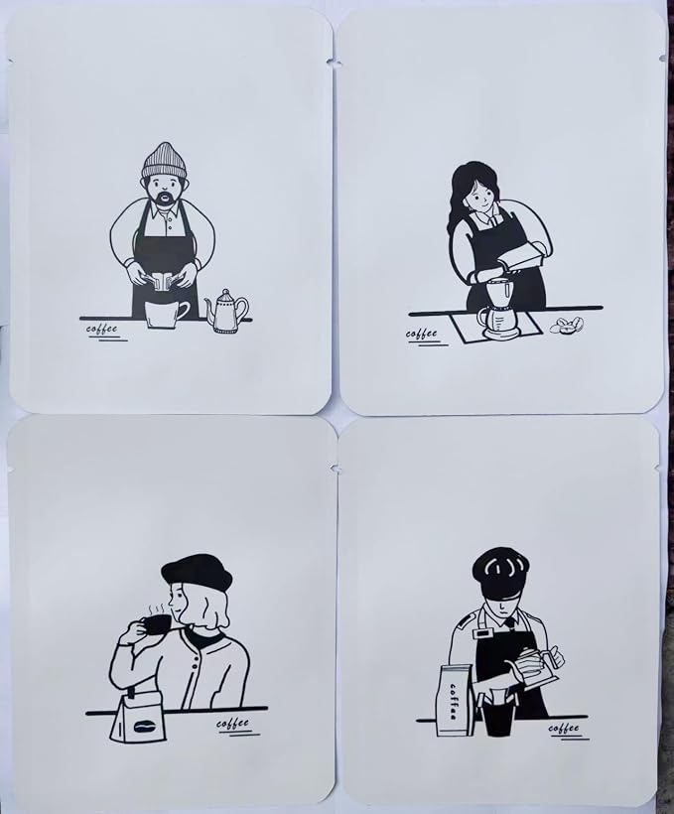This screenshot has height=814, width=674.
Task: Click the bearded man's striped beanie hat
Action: pyautogui.click(x=164, y=161)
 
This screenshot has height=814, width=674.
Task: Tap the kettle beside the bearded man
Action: pyautogui.click(x=226, y=311)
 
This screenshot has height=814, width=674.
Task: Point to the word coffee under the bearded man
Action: pyautogui.click(x=102, y=329)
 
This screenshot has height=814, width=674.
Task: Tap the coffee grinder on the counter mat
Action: pyautogui.click(x=497, y=309)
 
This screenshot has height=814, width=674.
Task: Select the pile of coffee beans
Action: pyautogui.click(x=567, y=325)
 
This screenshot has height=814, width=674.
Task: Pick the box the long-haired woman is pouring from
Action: pyautogui.click(x=523, y=259)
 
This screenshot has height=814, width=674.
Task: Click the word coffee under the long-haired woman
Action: pyautogui.click(x=421, y=334)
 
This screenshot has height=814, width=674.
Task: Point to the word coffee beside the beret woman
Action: pyautogui.click(x=232, y=723)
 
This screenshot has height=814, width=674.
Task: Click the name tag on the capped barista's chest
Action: pyautogui.click(x=485, y=634)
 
